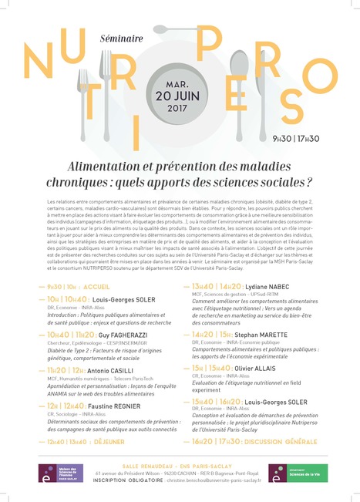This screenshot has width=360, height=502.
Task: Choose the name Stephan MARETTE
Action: (x=266, y=334)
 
